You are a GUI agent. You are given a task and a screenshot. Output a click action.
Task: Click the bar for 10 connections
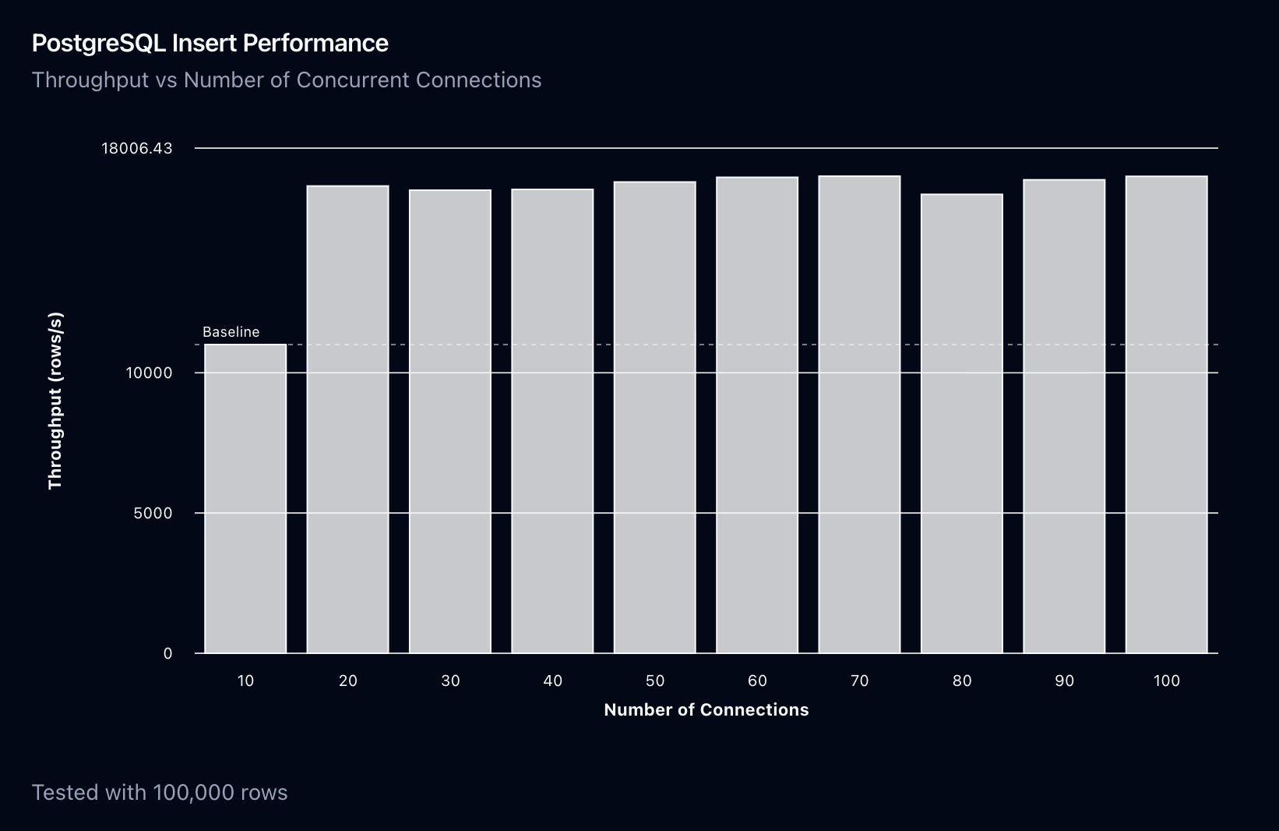pyautogui.click(x=245, y=499)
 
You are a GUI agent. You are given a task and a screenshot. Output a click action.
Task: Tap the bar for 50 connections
pyautogui.click(x=654, y=417)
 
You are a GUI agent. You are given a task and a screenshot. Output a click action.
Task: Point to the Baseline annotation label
pyautogui.click(x=231, y=332)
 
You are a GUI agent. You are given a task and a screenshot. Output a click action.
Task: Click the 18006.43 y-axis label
pyautogui.click(x=137, y=148)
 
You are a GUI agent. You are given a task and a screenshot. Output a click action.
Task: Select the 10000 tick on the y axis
pyautogui.click(x=149, y=373)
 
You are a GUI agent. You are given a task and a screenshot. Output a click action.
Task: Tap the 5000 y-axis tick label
pyautogui.click(x=153, y=514)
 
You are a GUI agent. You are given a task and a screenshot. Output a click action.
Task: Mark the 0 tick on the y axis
pyautogui.click(x=167, y=654)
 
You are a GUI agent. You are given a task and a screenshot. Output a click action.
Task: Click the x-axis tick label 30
pyautogui.click(x=450, y=681)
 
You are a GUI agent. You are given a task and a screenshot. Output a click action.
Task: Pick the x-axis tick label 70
pyautogui.click(x=859, y=681)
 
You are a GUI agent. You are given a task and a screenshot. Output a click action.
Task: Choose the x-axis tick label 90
pyautogui.click(x=1064, y=681)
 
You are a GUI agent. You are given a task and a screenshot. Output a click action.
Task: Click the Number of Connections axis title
pyautogui.click(x=706, y=710)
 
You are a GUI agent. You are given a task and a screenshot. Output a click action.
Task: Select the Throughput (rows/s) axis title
pyautogui.click(x=55, y=401)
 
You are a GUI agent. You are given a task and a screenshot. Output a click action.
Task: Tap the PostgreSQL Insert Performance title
pyautogui.click(x=210, y=43)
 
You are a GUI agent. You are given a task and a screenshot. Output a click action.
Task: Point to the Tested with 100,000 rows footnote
pyautogui.click(x=160, y=793)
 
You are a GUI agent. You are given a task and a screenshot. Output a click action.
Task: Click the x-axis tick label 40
pyautogui.click(x=552, y=681)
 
